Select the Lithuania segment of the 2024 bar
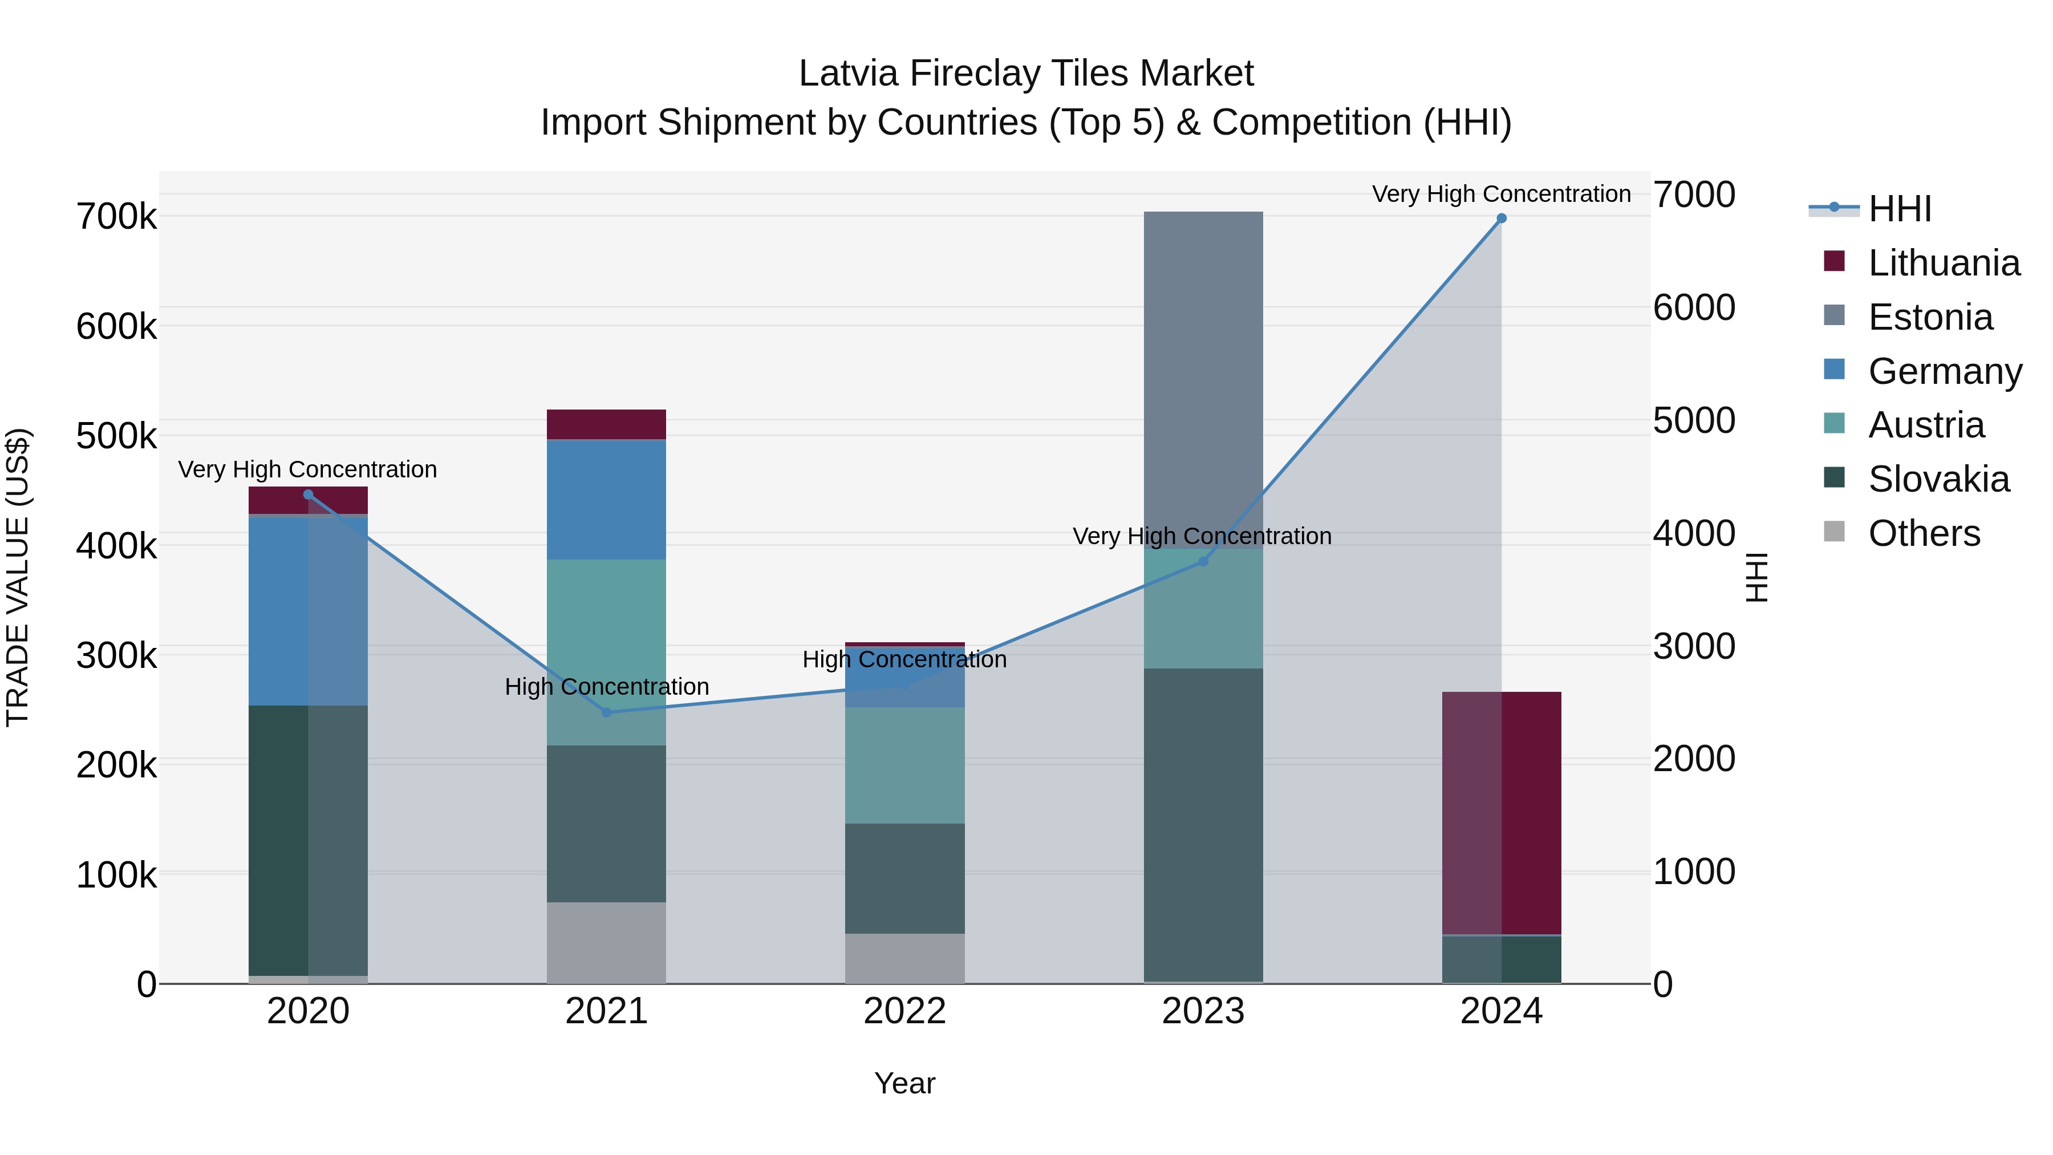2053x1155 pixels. point(1502,812)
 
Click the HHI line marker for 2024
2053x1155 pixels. point(1502,218)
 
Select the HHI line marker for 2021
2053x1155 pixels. point(607,712)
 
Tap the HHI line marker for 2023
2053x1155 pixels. point(1203,562)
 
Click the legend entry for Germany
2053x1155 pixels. point(1944,371)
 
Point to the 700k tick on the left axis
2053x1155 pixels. point(116,217)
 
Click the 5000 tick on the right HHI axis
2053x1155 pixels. point(1694,421)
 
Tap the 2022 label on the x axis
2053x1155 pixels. point(904,1011)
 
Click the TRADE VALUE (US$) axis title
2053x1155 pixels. point(18,577)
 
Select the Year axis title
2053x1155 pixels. point(904,1083)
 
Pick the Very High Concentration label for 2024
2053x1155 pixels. point(1501,194)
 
